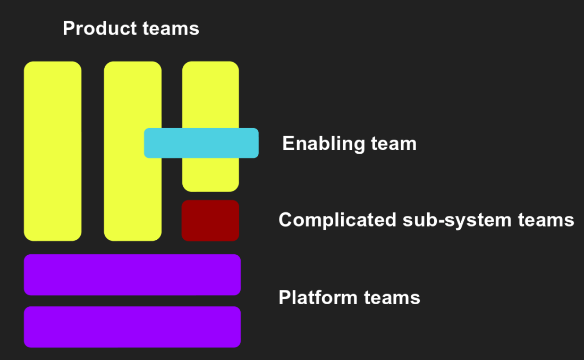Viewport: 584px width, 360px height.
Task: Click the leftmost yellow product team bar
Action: point(53,151)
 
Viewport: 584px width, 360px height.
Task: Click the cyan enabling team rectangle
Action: point(201,143)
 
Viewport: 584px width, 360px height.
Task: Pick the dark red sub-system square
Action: point(210,220)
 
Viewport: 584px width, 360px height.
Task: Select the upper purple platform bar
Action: point(132,274)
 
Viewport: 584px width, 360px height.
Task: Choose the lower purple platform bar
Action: point(132,326)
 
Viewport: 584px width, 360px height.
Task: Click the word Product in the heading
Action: point(94,28)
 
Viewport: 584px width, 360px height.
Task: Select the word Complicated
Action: point(337,220)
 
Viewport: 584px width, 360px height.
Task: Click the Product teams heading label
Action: point(131,28)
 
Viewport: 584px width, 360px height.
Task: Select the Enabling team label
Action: point(349,144)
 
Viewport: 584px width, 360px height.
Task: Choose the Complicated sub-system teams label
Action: point(426,220)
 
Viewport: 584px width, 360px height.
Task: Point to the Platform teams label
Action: point(349,297)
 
